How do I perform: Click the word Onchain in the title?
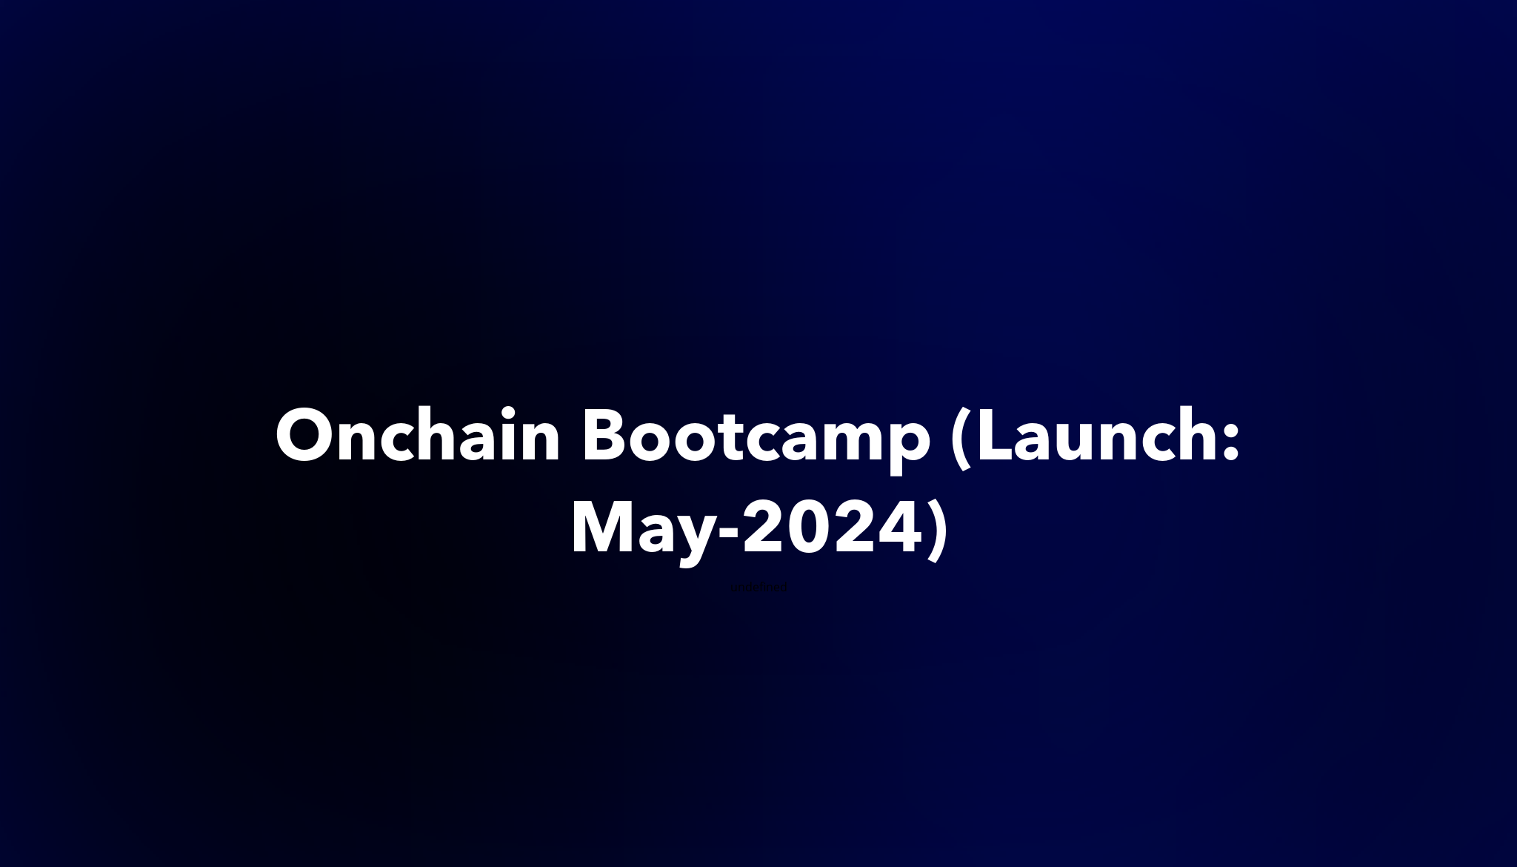[418, 437]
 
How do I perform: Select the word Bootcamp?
[756, 437]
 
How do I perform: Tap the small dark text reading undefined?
[758, 588]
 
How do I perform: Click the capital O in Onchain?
[305, 437]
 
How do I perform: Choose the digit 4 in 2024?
[901, 531]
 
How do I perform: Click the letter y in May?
[696, 537]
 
